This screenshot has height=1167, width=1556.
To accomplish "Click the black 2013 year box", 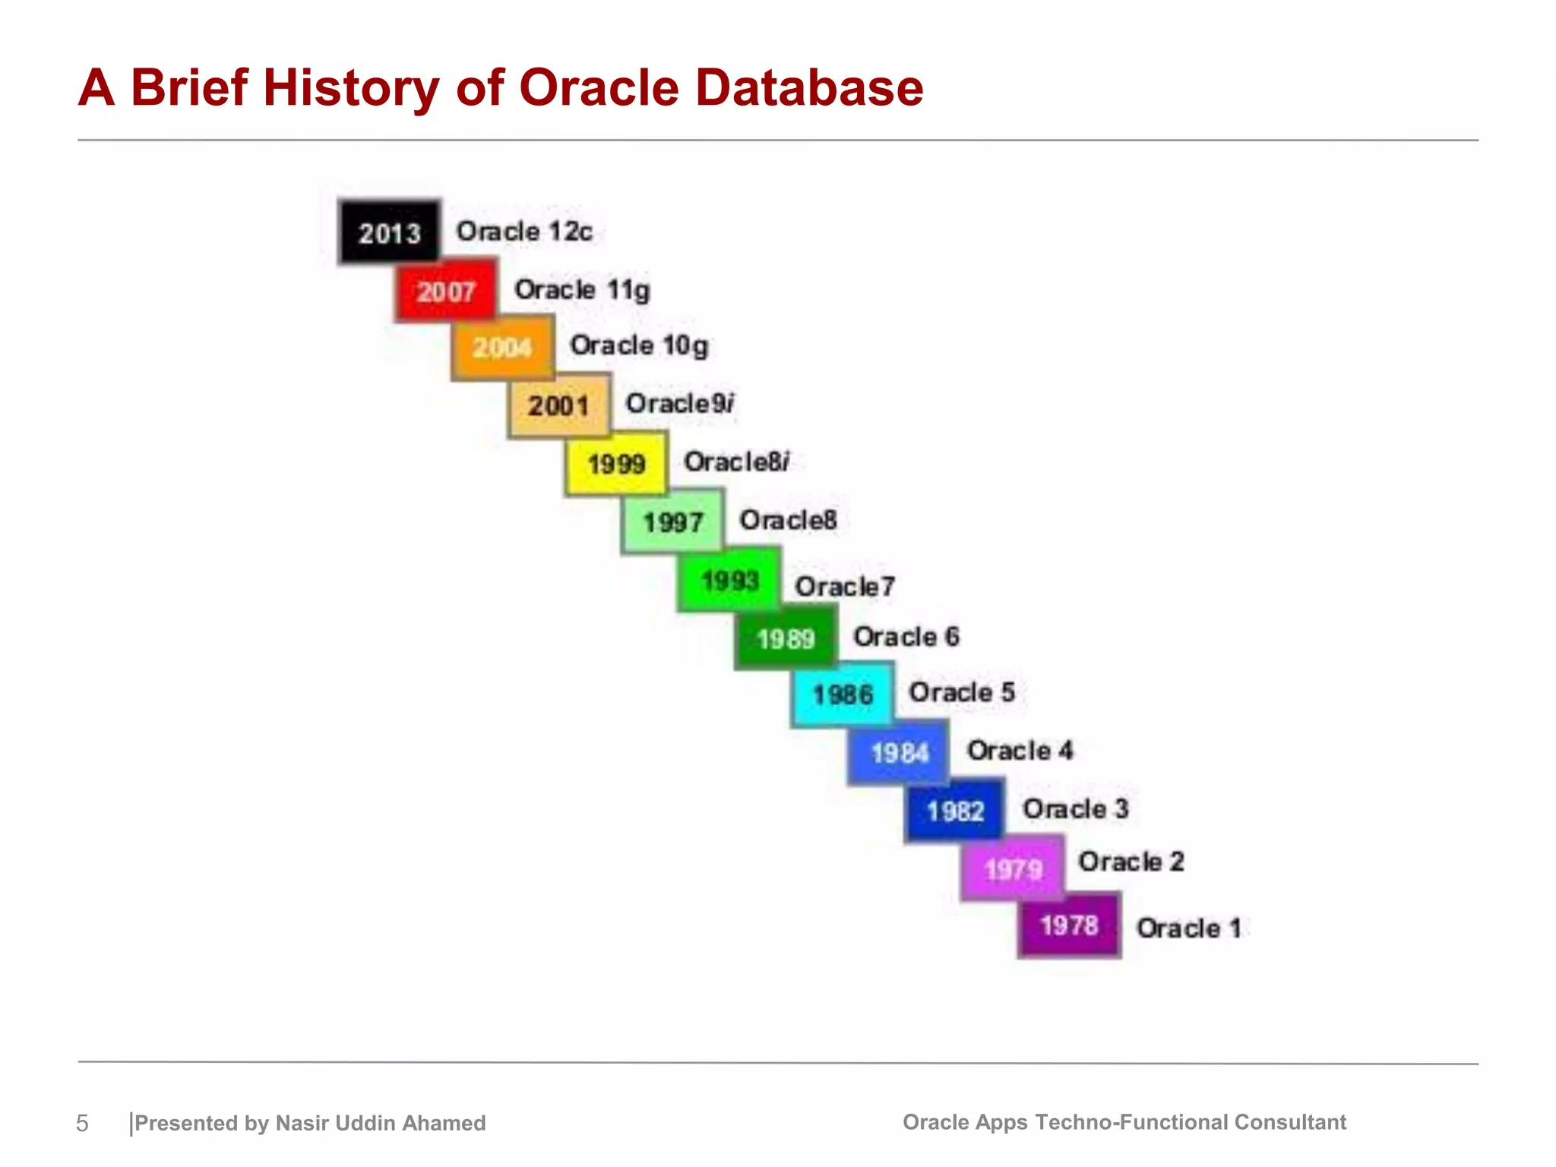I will (x=389, y=232).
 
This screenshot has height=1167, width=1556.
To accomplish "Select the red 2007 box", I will (x=446, y=291).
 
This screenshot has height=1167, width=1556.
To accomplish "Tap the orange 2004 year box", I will (x=502, y=348).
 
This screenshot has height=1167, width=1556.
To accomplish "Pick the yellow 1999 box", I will (x=616, y=463).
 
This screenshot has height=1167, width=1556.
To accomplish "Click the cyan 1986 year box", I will (x=843, y=694).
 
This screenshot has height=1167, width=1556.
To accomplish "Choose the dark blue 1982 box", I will (x=955, y=811).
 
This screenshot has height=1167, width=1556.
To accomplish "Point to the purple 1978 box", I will (x=1069, y=925).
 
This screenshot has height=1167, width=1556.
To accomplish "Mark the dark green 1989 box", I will (x=786, y=638).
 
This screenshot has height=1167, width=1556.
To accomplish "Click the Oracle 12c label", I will (x=523, y=231).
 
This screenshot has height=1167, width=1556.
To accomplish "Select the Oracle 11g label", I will (x=582, y=289).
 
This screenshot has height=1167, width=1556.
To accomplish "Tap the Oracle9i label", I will (x=679, y=403).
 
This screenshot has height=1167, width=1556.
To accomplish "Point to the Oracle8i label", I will (x=736, y=461).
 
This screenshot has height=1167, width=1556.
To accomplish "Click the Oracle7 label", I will (x=844, y=587).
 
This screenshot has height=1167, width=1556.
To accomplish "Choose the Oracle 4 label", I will (x=1020, y=751).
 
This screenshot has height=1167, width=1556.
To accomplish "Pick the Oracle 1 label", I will (x=1188, y=928).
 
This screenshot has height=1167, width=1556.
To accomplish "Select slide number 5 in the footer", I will (x=82, y=1123).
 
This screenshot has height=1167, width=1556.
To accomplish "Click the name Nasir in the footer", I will (x=302, y=1123).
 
